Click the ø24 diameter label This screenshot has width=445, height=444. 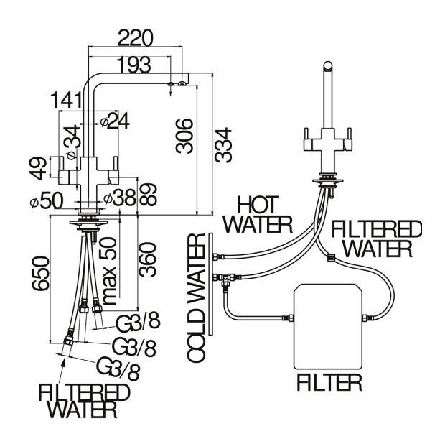click(x=115, y=121)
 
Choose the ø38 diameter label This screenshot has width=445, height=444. click(x=118, y=199)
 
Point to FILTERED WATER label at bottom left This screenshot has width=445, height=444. click(x=84, y=401)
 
